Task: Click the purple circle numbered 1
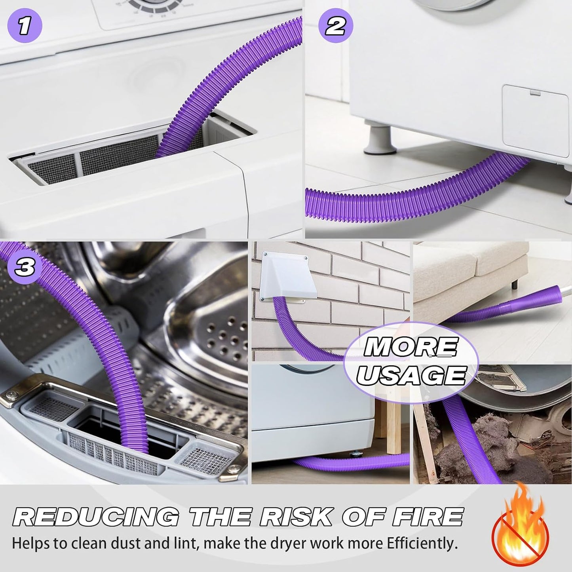pyautogui.click(x=25, y=25)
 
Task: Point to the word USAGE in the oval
pyautogui.click(x=411, y=375)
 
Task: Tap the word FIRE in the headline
pyautogui.click(x=428, y=517)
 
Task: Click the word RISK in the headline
pyautogui.click(x=296, y=517)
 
